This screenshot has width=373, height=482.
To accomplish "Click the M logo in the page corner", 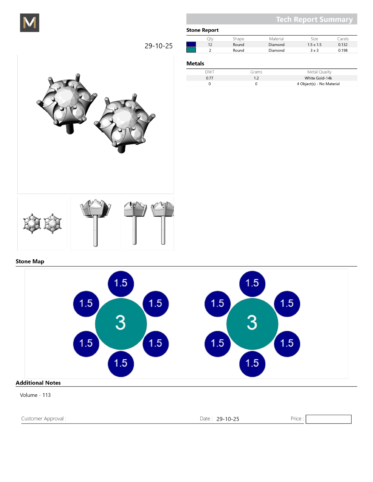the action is [30, 22].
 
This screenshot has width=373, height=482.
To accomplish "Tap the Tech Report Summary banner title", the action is [314, 20].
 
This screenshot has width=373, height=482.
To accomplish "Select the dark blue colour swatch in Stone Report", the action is [191, 44].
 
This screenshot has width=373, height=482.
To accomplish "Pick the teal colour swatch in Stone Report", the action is [191, 50].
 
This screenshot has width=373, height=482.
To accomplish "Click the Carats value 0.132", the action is [343, 45].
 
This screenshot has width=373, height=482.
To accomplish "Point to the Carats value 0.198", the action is [343, 50].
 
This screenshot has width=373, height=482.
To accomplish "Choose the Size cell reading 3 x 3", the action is [314, 50].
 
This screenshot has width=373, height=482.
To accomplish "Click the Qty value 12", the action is [210, 45].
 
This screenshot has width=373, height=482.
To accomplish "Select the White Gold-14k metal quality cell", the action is [318, 78].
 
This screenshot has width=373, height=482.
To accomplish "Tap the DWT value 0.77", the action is [209, 78].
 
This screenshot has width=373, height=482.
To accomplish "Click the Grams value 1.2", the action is [256, 78].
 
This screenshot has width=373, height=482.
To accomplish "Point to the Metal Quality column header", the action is [319, 72].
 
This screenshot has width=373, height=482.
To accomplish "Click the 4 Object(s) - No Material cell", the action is [318, 84].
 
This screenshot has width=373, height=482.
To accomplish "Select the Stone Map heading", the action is [30, 261].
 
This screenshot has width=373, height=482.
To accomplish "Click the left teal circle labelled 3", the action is [121, 324].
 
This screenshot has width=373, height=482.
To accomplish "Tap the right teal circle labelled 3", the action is [252, 324].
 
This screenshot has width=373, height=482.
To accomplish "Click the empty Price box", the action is [328, 419].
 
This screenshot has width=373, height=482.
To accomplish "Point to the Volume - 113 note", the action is [35, 395].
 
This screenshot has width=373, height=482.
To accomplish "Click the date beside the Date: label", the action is [228, 419].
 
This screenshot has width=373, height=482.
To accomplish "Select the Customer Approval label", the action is [44, 419].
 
